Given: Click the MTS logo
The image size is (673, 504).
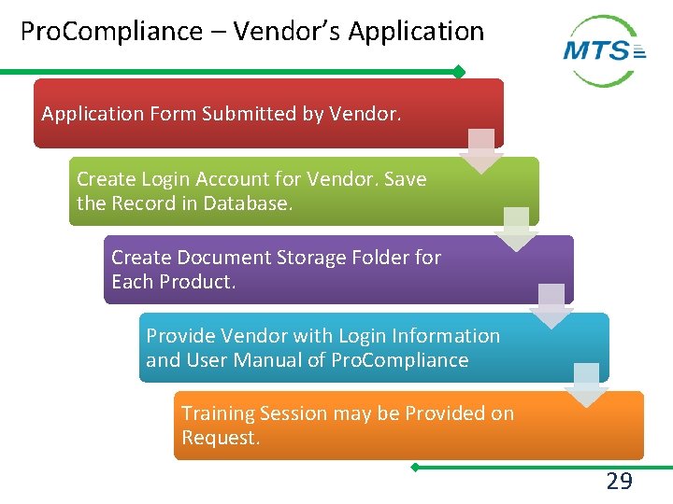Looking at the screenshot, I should pyautogui.click(x=605, y=50).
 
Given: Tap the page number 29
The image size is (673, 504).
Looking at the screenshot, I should pyautogui.click(x=619, y=482).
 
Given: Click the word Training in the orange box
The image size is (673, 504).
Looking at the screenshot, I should pyautogui.click(x=220, y=413).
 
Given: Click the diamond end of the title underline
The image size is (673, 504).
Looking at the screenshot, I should pyautogui.click(x=458, y=72).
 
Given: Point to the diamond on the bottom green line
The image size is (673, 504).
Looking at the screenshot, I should pyautogui.click(x=415, y=466).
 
